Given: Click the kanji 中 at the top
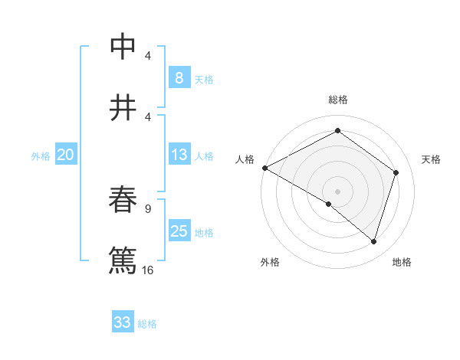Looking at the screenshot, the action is point(123,47).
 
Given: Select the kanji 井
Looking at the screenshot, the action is point(123,107).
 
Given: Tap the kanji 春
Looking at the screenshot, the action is point(123,200).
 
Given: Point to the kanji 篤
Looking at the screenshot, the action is point(123,260).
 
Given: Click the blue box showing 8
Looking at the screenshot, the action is point(179,78).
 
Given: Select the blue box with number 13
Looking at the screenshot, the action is point(179,155).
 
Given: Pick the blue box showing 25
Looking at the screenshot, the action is point(179,232).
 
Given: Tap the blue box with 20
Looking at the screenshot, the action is point(65,155).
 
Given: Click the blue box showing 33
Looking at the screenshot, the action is point(123,322).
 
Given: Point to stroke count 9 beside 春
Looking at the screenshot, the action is point(148,208).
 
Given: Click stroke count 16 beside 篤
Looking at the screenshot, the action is point(148,270).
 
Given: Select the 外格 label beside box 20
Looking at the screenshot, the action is point(41,156).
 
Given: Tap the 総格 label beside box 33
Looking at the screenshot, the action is point(147,323).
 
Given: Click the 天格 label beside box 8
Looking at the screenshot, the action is point(203,79).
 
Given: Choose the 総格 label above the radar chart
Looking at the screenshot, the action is point(337,100).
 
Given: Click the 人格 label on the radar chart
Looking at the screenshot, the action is point(245,159).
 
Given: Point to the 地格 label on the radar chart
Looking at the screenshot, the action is point(402,262).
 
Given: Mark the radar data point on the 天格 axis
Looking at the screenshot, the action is point(396,172).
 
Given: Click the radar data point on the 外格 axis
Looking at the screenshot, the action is point(329,204).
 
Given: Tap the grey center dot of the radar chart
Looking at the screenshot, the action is point(337,191).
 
